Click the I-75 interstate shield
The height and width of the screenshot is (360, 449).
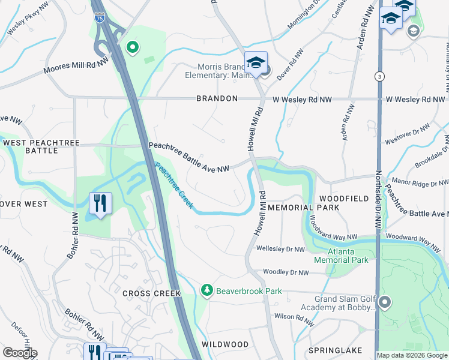click(100, 19)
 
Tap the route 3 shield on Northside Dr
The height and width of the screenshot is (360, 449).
click(379, 76)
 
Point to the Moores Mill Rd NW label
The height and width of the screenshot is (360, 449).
click(76, 67)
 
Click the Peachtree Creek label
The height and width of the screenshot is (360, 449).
click(174, 186)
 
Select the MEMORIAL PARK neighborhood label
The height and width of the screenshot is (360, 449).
click(304, 208)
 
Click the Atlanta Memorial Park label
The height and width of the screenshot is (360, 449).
click(340, 256)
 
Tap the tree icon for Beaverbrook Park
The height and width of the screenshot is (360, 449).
click(207, 290)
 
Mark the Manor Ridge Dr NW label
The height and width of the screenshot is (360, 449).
click(420, 181)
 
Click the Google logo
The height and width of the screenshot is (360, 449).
click(20, 352)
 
